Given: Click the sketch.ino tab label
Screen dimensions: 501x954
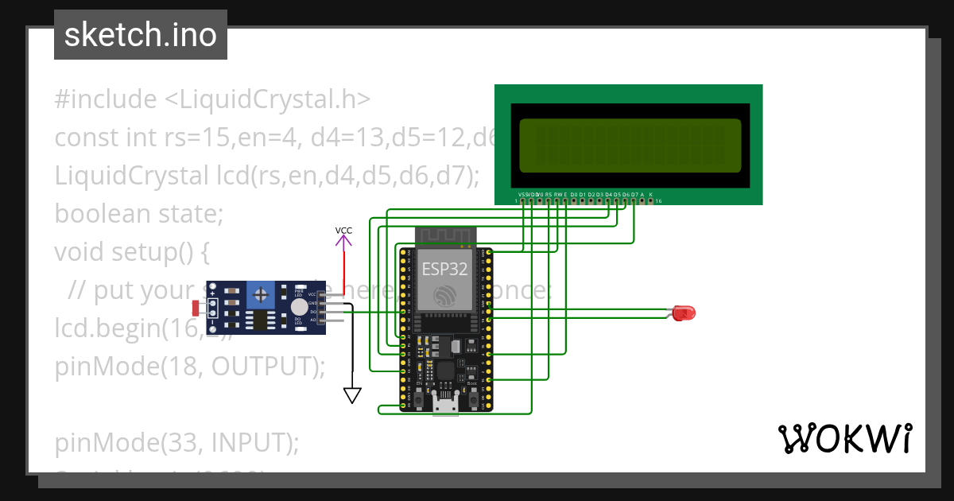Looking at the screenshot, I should click(x=140, y=35).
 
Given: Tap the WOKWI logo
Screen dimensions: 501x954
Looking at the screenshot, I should click(x=844, y=439).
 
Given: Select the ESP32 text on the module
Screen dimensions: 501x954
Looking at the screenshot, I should click(x=444, y=269).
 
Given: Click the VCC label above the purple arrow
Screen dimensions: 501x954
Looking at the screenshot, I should click(x=343, y=231).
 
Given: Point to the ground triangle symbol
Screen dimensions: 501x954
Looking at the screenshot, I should click(x=352, y=395).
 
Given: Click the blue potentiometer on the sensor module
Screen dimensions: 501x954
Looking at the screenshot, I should click(x=261, y=295).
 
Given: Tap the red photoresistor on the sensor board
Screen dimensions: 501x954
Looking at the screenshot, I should click(x=196, y=307).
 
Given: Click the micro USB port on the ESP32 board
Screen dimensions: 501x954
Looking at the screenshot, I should click(x=445, y=406).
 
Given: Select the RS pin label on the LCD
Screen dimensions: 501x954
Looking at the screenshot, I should click(x=549, y=194).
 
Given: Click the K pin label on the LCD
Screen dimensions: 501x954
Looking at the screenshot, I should click(x=651, y=194).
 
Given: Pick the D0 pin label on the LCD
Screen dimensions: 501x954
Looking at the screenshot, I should click(x=574, y=194).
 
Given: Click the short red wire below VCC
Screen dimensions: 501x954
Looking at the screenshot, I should click(x=343, y=270).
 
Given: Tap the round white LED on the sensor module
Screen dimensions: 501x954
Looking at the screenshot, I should click(x=299, y=308).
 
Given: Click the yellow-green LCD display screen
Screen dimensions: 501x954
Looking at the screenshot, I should click(x=630, y=146).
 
